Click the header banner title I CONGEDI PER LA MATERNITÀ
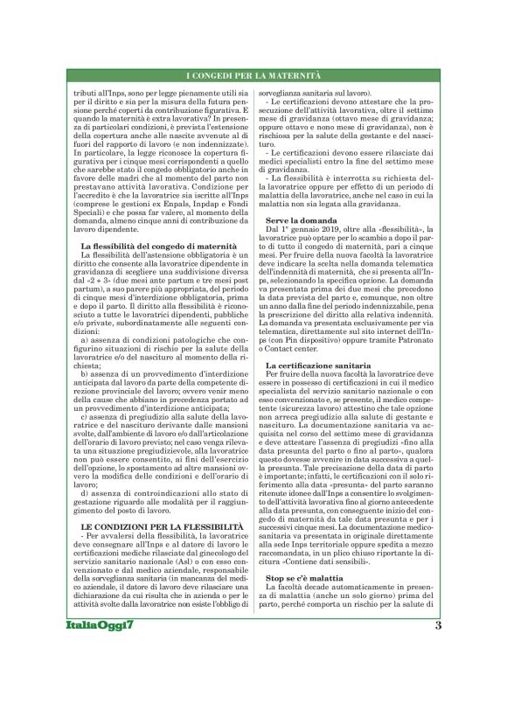(x=253, y=79)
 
